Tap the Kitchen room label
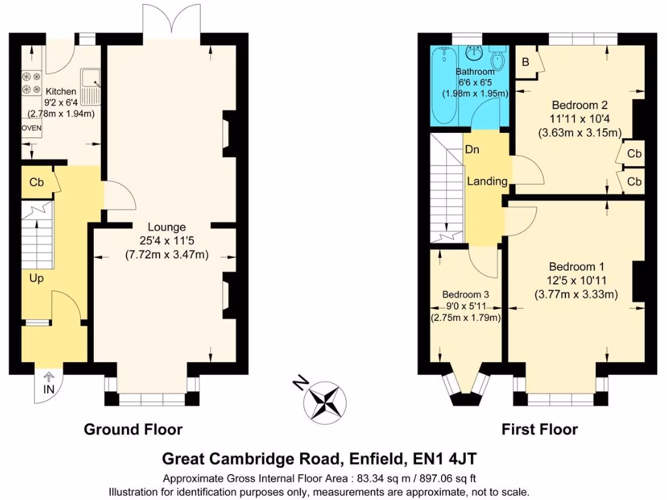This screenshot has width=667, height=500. (61, 92)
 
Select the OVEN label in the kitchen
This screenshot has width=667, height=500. (31, 128)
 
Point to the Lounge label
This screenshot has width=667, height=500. (167, 227)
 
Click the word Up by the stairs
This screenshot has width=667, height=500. (36, 278)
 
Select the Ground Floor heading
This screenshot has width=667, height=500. (133, 430)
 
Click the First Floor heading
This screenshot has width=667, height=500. (539, 430)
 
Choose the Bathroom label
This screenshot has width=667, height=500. (475, 72)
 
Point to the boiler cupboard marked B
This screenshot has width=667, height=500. (525, 62)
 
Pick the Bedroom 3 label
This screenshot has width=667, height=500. (465, 294)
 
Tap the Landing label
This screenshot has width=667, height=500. (487, 182)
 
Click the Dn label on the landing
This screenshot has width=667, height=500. (472, 150)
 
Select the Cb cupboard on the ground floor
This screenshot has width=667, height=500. (36, 183)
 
